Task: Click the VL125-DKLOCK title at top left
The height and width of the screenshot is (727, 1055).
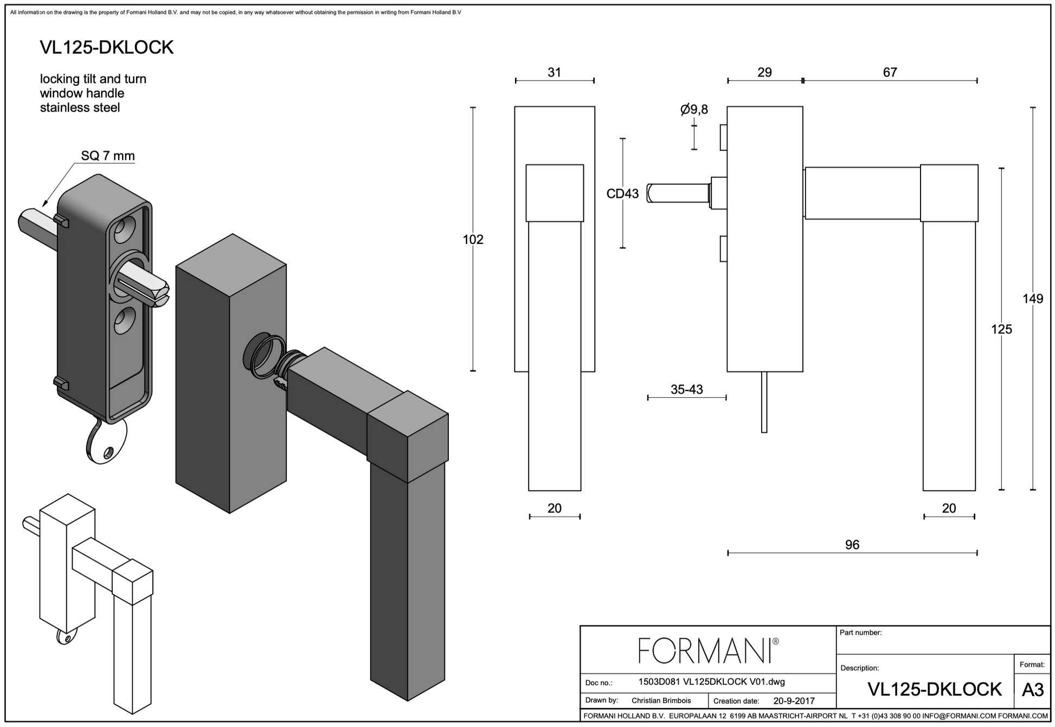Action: click(x=107, y=48)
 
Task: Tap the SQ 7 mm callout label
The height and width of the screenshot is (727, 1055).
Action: click(x=108, y=156)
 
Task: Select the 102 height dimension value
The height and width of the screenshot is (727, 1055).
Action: click(x=473, y=240)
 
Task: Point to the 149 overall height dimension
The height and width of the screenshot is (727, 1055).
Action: click(x=1032, y=299)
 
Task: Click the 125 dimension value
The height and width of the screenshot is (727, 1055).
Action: click(x=1001, y=329)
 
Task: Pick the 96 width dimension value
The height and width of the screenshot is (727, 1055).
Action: click(x=852, y=545)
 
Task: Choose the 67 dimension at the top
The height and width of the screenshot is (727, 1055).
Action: click(x=890, y=73)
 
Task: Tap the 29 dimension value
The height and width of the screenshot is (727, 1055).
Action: click(x=764, y=73)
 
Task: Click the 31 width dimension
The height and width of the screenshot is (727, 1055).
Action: click(x=554, y=73)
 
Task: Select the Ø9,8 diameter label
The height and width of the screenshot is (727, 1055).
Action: click(x=694, y=110)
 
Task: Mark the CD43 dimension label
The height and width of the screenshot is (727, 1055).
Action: click(x=622, y=194)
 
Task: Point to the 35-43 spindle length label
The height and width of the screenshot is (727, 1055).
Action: click(x=686, y=389)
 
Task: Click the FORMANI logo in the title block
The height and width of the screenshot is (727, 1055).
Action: click(x=707, y=650)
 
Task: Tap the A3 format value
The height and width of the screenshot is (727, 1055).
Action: click(x=1032, y=690)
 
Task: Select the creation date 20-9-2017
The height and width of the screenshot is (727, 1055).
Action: click(x=794, y=700)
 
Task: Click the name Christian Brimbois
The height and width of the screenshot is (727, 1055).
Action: click(x=661, y=700)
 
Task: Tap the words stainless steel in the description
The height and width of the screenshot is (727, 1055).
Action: click(x=80, y=108)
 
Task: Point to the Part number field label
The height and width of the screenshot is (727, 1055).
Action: click(x=860, y=633)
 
